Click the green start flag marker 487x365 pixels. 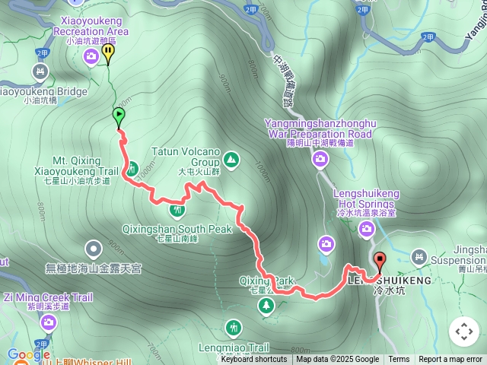119,116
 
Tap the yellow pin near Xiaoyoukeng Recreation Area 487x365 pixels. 108,52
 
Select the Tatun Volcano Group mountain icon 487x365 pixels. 231,160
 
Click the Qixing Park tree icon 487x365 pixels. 266,306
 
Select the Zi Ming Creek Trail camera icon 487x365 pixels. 49,323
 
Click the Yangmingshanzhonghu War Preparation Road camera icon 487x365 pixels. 320,159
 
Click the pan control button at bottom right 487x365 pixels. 464,332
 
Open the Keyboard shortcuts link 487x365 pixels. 254,360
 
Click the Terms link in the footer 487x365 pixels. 399,360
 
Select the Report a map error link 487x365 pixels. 450,360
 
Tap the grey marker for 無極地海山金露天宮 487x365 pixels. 94,248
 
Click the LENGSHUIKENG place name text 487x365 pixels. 389,280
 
